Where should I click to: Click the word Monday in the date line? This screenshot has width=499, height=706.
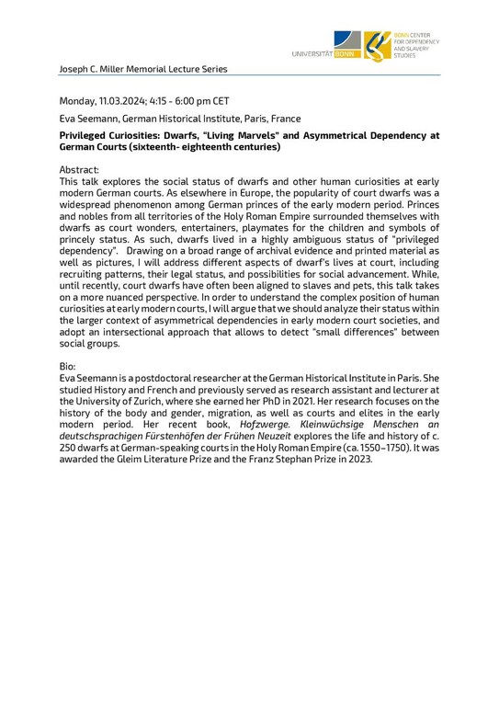80,101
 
